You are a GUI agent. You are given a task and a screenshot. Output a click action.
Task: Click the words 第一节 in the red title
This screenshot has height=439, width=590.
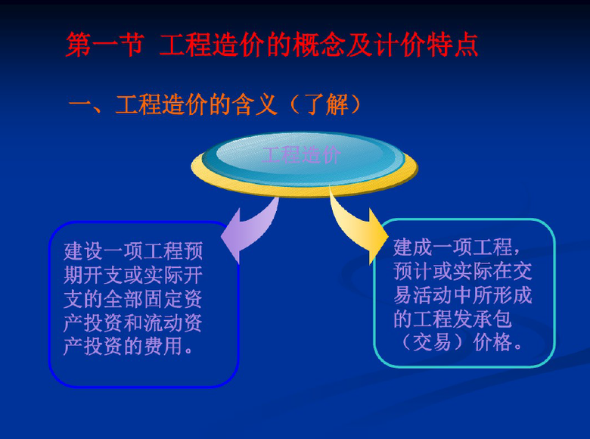[x=104, y=45]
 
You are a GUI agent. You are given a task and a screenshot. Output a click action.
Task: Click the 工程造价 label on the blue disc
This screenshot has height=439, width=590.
[x=301, y=154]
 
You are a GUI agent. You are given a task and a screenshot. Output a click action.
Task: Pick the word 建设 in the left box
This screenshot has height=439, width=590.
[x=83, y=251]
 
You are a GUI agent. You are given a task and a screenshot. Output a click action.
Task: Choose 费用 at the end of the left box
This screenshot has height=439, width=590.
[x=163, y=347]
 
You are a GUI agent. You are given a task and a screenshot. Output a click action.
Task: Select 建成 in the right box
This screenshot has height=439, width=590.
[x=413, y=247]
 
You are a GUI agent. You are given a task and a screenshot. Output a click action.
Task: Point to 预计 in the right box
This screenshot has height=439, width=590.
[x=413, y=271]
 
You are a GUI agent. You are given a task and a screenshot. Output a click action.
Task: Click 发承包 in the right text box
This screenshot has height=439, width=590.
[x=483, y=319]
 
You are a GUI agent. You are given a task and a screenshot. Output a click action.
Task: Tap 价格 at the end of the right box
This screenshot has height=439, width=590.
[x=493, y=343]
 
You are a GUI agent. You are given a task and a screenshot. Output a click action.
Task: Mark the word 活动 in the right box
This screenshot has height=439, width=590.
[x=433, y=294]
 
